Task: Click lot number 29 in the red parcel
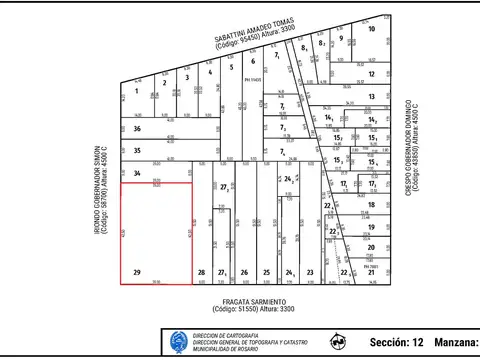pos(136,272)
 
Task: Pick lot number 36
pos(137,129)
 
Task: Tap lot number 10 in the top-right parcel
pos(371,29)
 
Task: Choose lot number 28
pos(201,272)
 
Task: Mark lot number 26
pos(244,272)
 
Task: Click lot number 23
pos(310,272)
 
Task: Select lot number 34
pos(137,173)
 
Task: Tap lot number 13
pos(371,97)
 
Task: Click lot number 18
pos(371,204)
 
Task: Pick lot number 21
pos(371,272)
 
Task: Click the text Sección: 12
pos(397,343)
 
